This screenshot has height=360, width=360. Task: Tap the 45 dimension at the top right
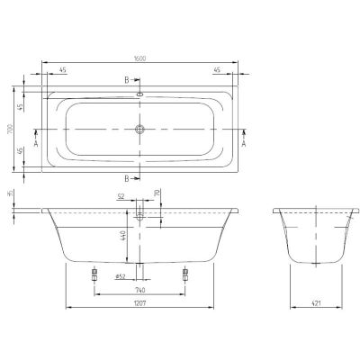(216, 69)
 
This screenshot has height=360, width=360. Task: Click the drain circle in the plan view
(139, 129)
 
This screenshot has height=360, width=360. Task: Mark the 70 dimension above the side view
(157, 192)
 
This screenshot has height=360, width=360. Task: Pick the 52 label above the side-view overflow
(121, 196)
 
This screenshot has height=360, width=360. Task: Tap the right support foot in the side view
(185, 273)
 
